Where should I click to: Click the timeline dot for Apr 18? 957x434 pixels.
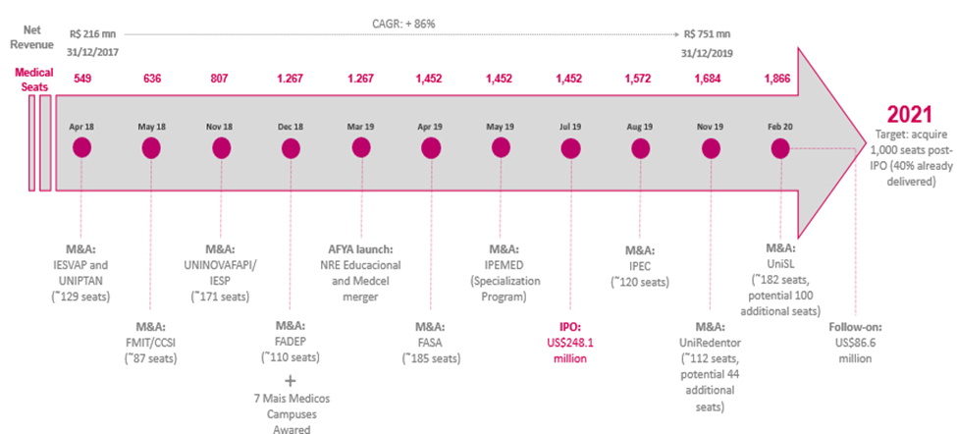point(81,148)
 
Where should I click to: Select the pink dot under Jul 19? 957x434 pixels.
point(569,148)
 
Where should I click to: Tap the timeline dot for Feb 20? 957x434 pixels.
point(781,148)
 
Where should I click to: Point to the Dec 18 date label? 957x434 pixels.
point(291,127)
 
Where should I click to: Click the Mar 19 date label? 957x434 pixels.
point(361,127)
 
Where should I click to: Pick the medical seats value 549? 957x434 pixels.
point(81,79)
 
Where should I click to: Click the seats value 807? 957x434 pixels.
point(221,79)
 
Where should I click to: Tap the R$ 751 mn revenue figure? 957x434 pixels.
point(707,32)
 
